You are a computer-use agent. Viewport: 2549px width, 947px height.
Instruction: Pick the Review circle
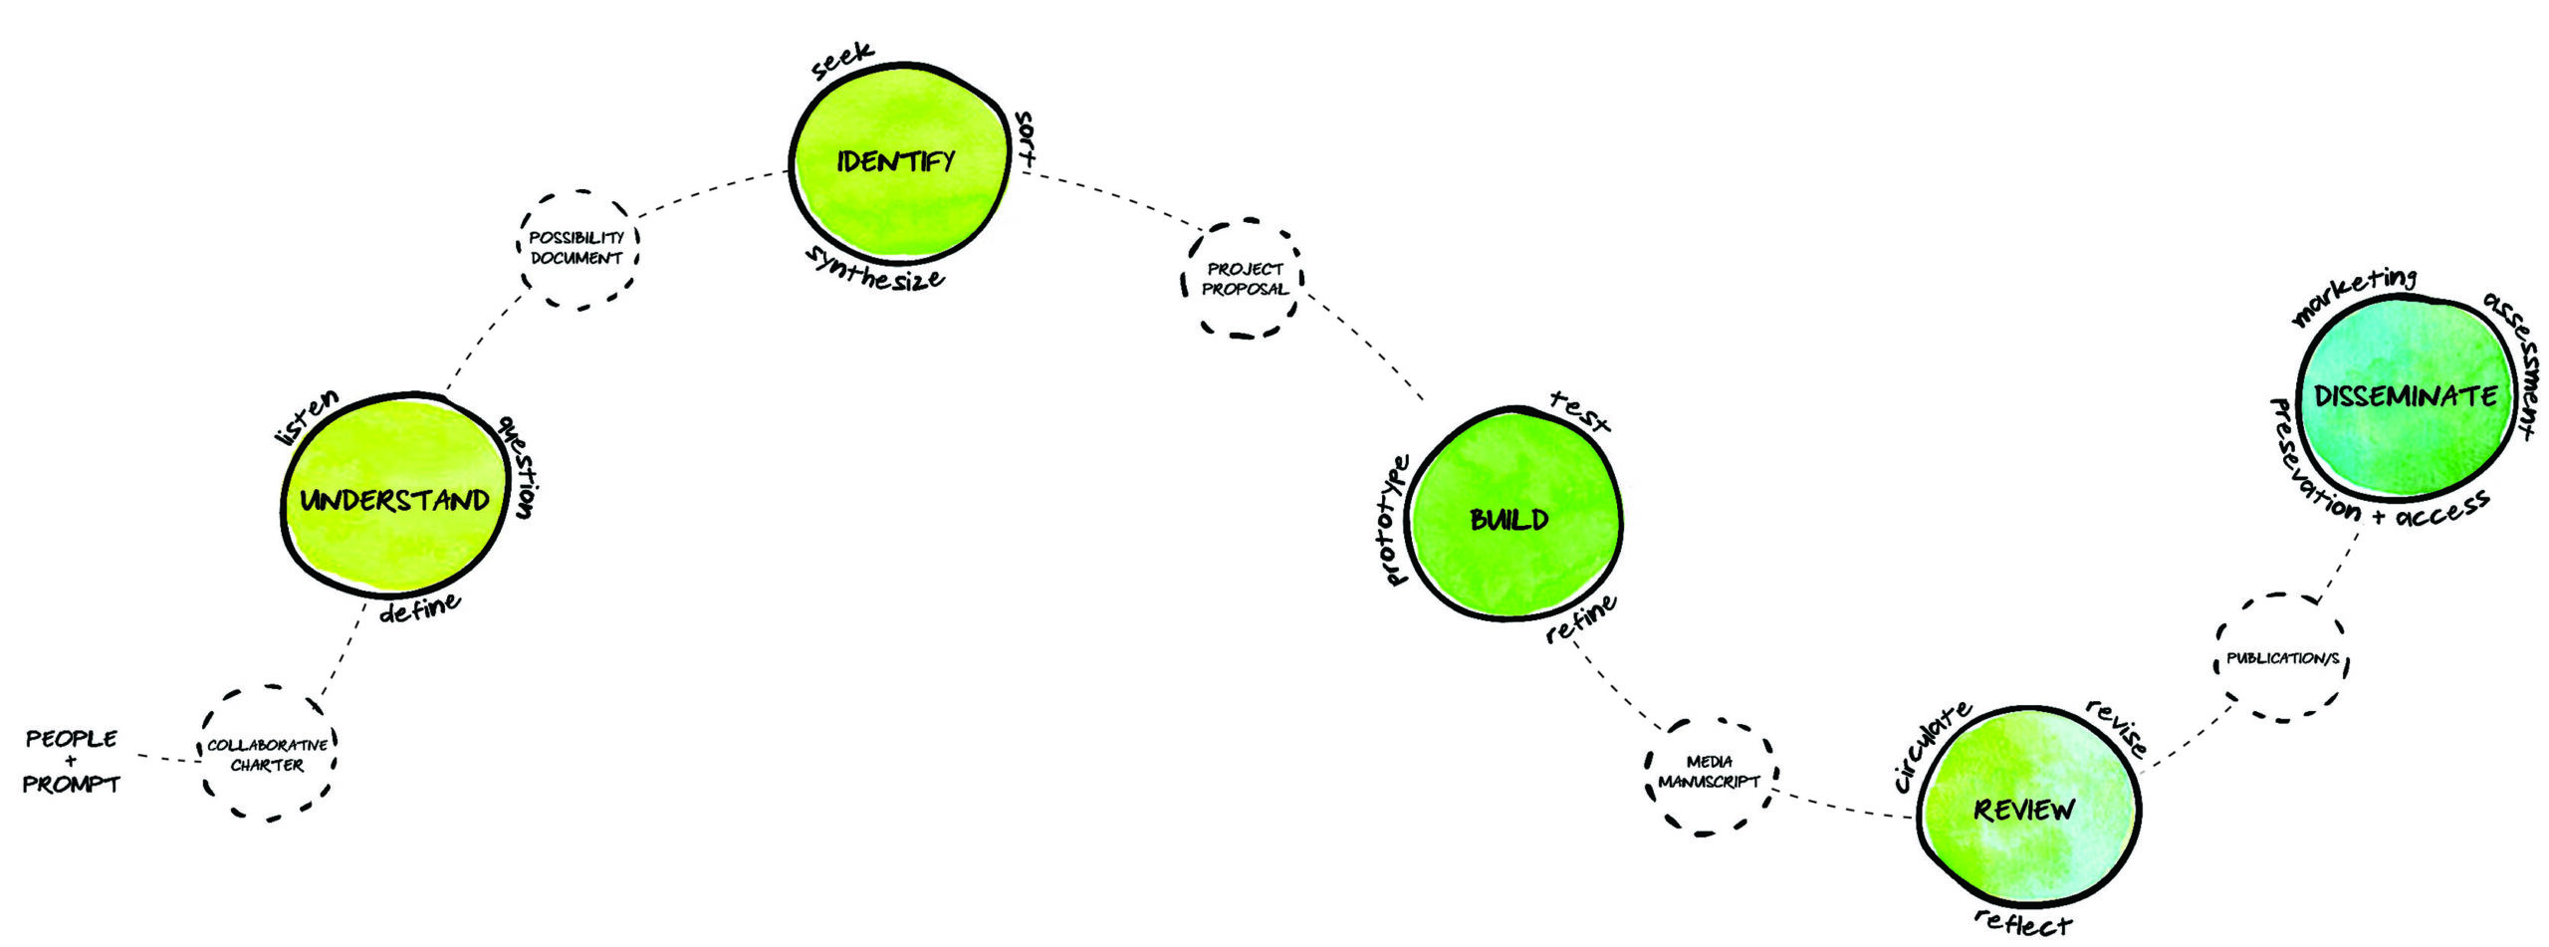tap(2027, 809)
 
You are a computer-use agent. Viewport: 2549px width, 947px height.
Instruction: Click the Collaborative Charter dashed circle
tap(267, 754)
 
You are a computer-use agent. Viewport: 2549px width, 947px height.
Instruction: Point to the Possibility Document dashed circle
tap(577, 248)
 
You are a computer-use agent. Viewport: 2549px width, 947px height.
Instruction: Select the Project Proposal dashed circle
tap(1244, 279)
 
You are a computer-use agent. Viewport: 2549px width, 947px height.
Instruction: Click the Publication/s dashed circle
tap(2282, 658)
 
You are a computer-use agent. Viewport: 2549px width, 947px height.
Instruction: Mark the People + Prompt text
tap(71, 762)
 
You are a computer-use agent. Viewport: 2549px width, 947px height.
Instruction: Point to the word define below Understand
tap(419, 608)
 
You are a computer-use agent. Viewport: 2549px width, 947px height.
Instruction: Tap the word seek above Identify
tap(842, 61)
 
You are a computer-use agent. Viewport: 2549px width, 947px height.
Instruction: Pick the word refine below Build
tap(1581, 620)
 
